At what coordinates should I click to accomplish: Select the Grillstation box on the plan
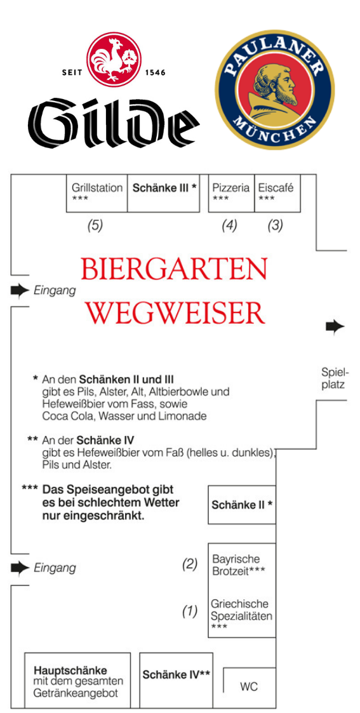point(97,193)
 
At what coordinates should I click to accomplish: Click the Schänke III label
point(164,188)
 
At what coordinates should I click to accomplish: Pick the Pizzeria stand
point(231,193)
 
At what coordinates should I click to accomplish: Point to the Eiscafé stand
point(277,193)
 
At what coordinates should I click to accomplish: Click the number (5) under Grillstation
point(95,225)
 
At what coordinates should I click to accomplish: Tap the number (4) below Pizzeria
point(230,225)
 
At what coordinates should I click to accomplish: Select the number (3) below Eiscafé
point(275,225)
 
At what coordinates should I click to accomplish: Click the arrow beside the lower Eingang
point(20,568)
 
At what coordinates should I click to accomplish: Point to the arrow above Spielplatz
point(335,326)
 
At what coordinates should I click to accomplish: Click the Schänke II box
point(242,505)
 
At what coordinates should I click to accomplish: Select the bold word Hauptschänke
point(70,670)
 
